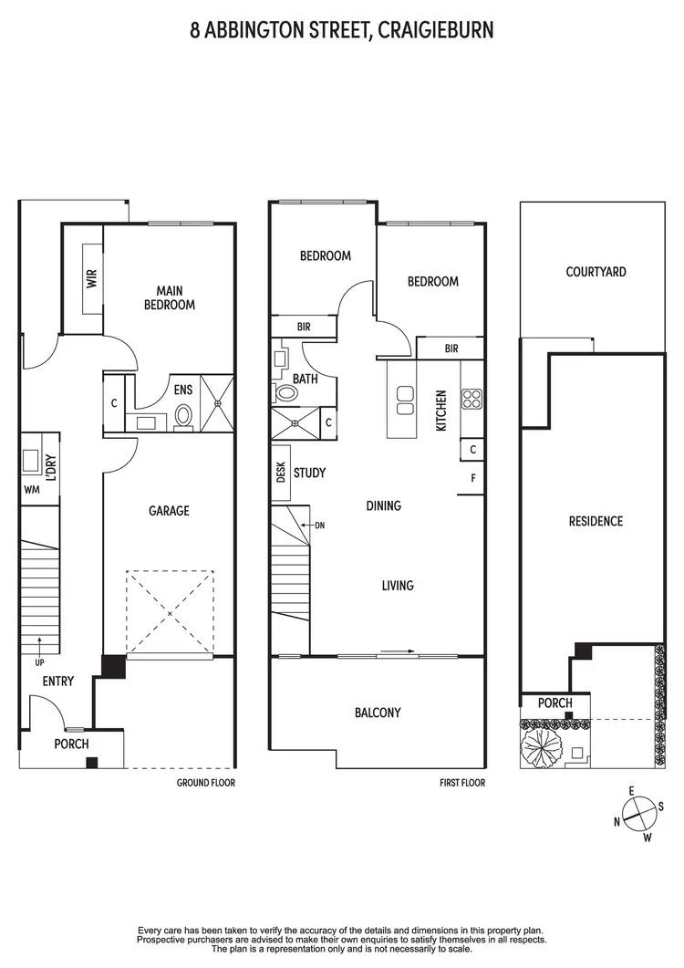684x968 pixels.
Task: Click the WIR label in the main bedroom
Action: click(91, 278)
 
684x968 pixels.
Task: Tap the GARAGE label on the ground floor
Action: click(169, 511)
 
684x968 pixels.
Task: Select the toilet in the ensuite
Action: click(183, 417)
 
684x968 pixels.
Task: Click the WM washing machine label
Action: click(32, 490)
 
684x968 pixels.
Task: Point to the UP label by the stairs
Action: click(38, 661)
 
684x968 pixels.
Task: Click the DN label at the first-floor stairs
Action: click(319, 526)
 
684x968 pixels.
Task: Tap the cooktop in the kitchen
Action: click(472, 398)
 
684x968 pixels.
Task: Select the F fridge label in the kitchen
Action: click(472, 478)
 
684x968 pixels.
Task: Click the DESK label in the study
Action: click(280, 472)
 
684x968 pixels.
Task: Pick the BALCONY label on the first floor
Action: click(378, 713)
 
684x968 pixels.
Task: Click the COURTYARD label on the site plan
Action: click(596, 272)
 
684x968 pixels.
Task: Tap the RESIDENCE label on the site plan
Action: click(596, 521)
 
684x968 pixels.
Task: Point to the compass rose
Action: click(637, 812)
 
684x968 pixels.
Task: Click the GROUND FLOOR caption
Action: click(205, 783)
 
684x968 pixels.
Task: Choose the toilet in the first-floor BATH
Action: click(285, 393)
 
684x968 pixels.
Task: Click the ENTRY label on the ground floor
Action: click(58, 682)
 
